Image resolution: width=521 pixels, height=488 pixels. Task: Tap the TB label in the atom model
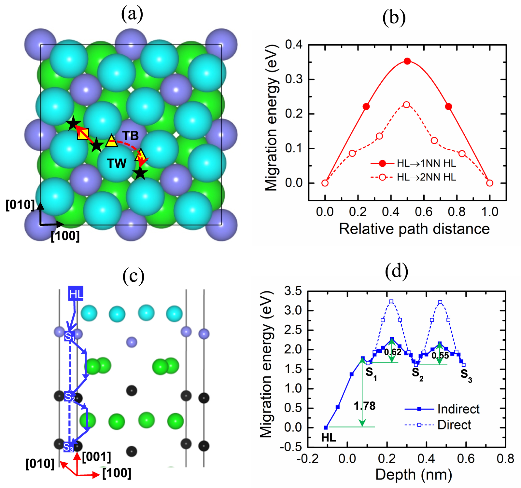click(130, 136)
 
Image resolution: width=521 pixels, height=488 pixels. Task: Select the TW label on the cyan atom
click(117, 163)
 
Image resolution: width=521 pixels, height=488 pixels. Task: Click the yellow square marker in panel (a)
click(83, 134)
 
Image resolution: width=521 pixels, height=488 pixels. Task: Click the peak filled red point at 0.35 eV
click(407, 61)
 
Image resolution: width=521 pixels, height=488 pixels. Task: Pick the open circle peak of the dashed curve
click(406, 105)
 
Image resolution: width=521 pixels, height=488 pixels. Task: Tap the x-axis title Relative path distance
click(414, 229)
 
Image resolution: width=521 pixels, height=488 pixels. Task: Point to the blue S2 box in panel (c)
click(69, 396)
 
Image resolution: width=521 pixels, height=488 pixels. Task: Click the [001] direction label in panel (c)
click(96, 457)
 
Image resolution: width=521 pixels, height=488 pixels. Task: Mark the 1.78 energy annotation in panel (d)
click(365, 406)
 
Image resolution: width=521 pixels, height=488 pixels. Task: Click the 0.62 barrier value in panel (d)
click(393, 352)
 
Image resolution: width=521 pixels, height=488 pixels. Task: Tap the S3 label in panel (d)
click(466, 375)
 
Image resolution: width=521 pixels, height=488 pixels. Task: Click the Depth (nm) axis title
click(414, 475)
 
